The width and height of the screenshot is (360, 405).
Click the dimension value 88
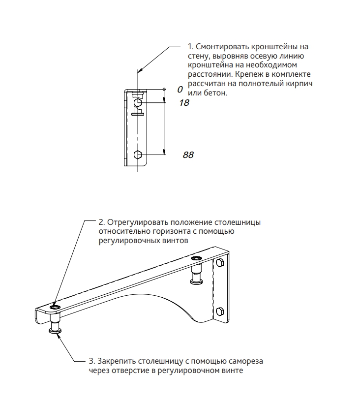click(188, 155)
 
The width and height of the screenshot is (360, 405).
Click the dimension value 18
click(185, 103)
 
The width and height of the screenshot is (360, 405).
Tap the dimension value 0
click(180, 90)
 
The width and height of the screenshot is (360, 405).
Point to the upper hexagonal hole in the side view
click(138, 103)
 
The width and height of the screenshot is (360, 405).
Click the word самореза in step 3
click(245, 362)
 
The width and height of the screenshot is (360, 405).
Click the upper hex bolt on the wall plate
click(219, 263)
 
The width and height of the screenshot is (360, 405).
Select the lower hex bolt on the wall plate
click(220, 311)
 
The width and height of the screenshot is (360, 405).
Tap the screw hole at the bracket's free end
click(54, 307)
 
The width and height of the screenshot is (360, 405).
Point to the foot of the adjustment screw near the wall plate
click(196, 281)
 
